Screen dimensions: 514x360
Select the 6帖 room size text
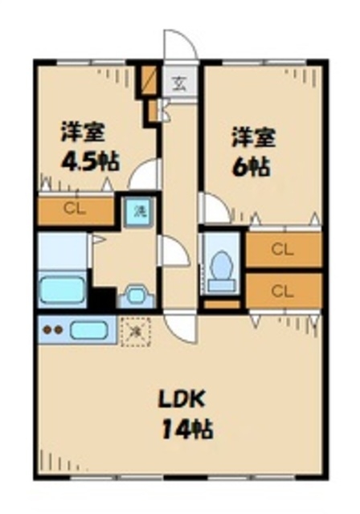coord(251,167)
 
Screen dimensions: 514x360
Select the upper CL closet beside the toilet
coord(282,249)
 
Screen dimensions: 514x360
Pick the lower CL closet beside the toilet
coord(282,289)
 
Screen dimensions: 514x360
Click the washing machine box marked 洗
coord(139,213)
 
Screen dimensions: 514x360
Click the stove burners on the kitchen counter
coord(53,329)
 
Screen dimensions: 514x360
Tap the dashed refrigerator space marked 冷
coord(135,329)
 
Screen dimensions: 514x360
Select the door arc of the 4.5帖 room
coord(144,174)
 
